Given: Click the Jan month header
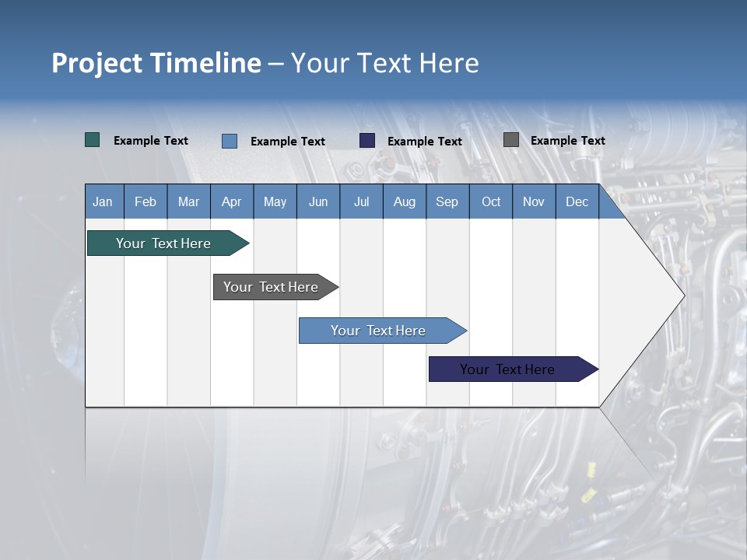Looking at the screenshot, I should pyautogui.click(x=103, y=202).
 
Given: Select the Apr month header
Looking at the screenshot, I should pyautogui.click(x=231, y=202).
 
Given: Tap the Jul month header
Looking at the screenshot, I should pyautogui.click(x=361, y=202).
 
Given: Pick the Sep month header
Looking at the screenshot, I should pyautogui.click(x=447, y=202).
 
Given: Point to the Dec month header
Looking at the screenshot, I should pyautogui.click(x=577, y=202).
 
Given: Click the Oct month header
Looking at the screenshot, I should pyautogui.click(x=491, y=202).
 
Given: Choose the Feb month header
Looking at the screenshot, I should pyautogui.click(x=146, y=202).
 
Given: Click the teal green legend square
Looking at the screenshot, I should pyautogui.click(x=92, y=140).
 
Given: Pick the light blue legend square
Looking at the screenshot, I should pyautogui.click(x=229, y=141).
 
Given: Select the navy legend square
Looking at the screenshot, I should pyautogui.click(x=367, y=141).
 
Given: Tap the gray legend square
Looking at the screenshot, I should pyautogui.click(x=511, y=140).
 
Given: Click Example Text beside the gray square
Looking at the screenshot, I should pyautogui.click(x=567, y=141).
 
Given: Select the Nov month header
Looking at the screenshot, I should pyautogui.click(x=534, y=202).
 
